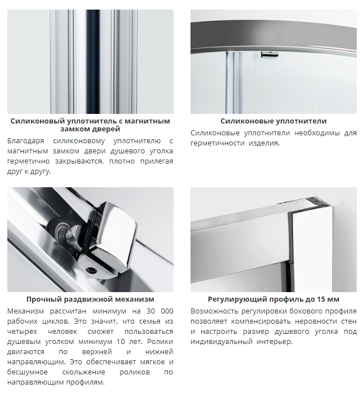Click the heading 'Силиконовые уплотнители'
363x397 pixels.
point(273,121)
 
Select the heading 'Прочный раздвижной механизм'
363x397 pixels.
point(90,299)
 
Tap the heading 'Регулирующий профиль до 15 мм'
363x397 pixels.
point(273,299)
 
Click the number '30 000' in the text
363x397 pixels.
point(160,311)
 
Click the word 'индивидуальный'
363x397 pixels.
point(222,342)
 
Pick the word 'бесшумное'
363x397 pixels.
point(28,372)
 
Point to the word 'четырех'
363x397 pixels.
point(23,332)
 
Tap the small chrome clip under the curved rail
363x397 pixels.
point(269,55)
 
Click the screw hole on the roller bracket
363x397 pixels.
point(90,270)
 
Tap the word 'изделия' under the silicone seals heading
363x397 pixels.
point(264,143)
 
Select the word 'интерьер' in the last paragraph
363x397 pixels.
point(275,342)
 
